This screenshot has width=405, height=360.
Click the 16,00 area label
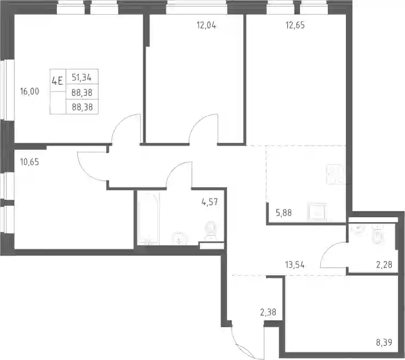pos(30,91)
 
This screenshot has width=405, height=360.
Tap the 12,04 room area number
pos(206,25)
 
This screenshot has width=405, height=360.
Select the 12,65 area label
pos(295,25)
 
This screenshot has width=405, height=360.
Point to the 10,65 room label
pos(30,162)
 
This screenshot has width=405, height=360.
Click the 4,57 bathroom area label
pos(210,202)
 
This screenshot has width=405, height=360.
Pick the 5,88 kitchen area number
pos(283,213)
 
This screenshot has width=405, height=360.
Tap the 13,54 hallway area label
pos(294,265)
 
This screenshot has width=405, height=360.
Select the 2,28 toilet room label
pos(384,265)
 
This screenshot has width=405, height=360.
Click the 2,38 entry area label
pos(268,312)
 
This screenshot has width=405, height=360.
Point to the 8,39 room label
pos(384,342)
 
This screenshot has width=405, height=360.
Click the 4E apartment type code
pos(57,81)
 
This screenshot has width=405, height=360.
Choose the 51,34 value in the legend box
pos(82,78)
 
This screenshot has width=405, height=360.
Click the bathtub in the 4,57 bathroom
pos(148,218)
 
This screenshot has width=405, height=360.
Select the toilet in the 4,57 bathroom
pos(211,230)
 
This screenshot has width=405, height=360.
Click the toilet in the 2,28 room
pos(377,234)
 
